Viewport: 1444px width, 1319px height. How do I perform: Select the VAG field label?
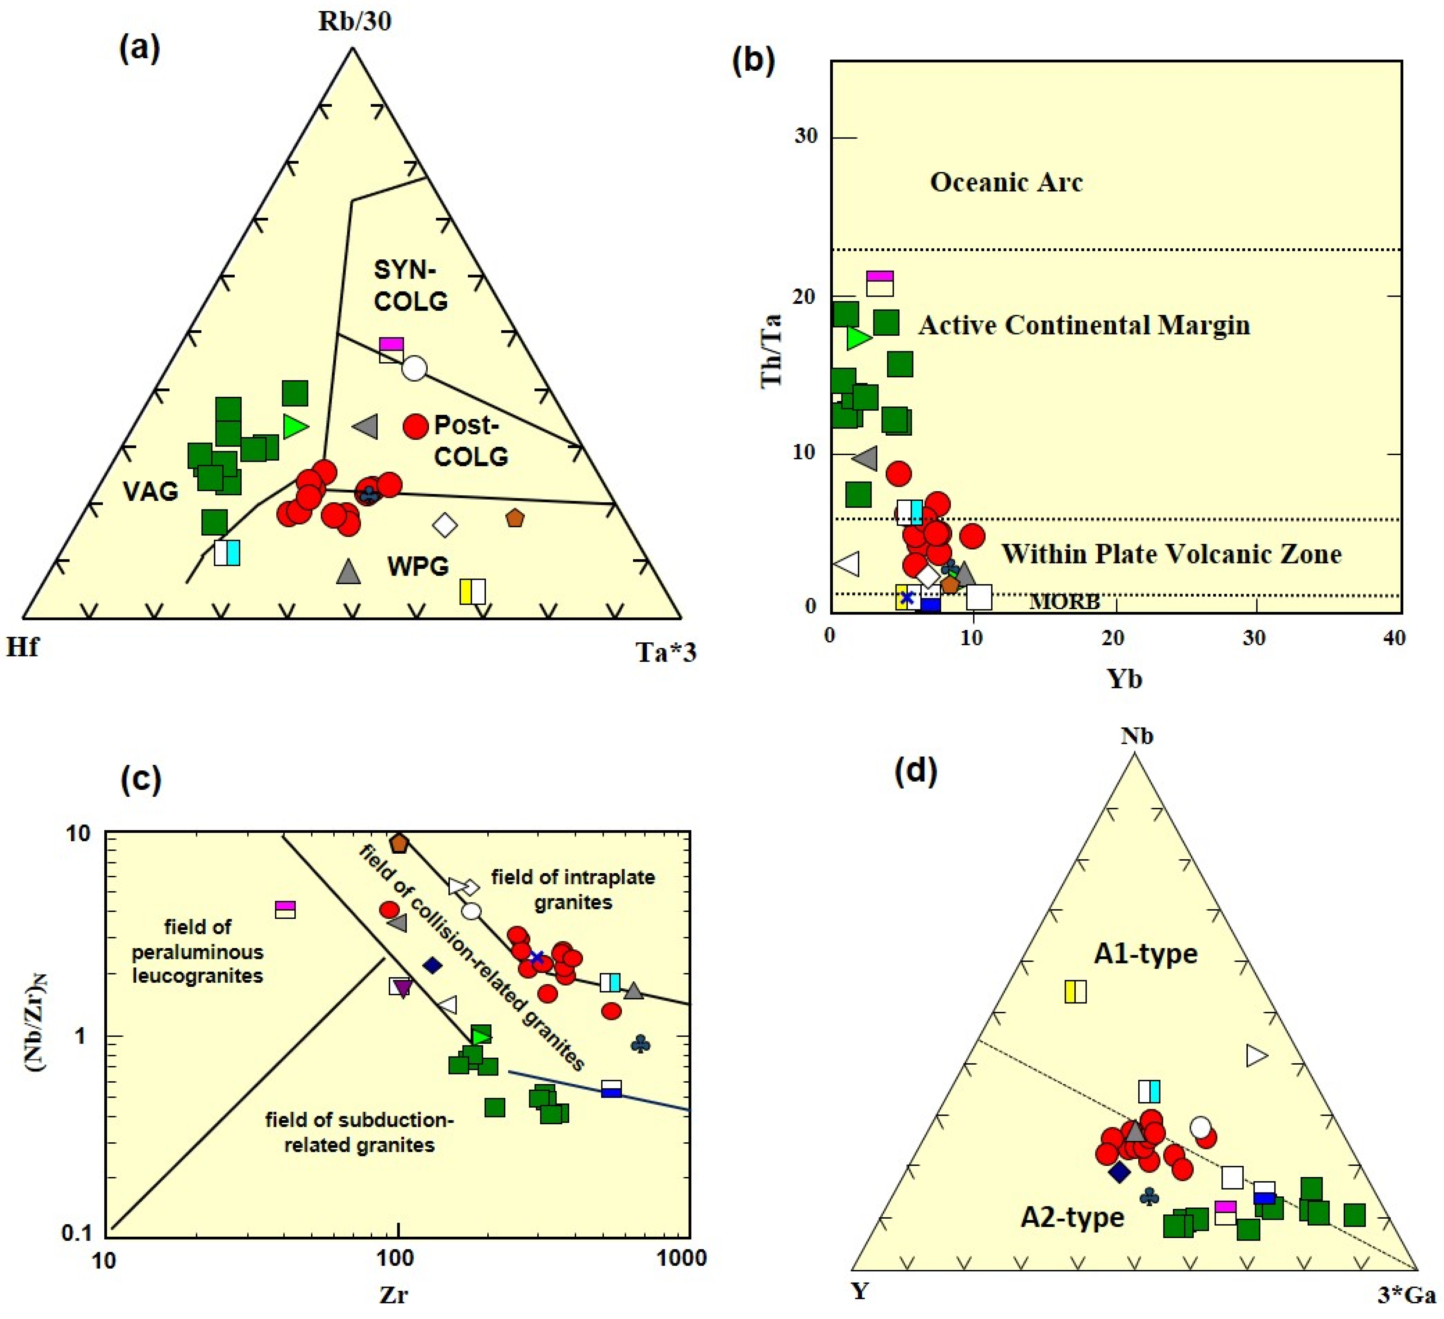[151, 491]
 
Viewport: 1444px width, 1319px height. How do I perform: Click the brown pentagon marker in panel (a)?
[514, 518]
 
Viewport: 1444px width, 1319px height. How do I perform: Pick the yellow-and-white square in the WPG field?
[473, 591]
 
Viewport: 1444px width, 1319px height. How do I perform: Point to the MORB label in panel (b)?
[1064, 601]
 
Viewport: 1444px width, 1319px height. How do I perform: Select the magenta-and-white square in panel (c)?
[286, 909]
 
